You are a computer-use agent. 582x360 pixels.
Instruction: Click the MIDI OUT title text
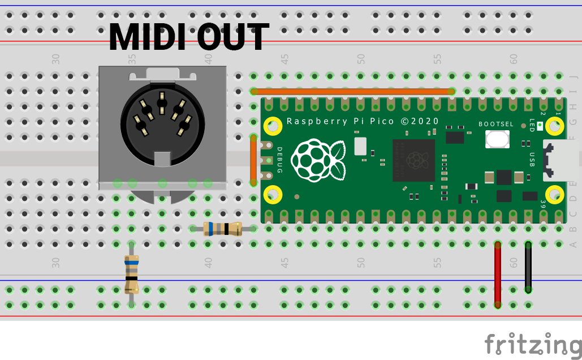[188, 37]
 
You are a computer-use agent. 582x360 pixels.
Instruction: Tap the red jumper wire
[498, 275]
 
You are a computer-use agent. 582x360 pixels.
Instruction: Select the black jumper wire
[528, 267]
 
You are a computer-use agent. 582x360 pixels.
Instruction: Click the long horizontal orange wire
[353, 91]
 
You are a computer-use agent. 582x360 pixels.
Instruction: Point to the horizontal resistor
[223, 229]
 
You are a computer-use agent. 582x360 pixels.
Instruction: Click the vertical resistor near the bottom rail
[132, 274]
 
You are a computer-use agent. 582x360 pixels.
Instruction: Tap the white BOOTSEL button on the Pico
[497, 139]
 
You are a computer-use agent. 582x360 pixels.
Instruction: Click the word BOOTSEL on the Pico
[496, 124]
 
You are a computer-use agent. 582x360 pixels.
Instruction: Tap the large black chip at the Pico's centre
[413, 160]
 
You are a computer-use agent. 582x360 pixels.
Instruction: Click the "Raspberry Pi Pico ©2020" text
[363, 121]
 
